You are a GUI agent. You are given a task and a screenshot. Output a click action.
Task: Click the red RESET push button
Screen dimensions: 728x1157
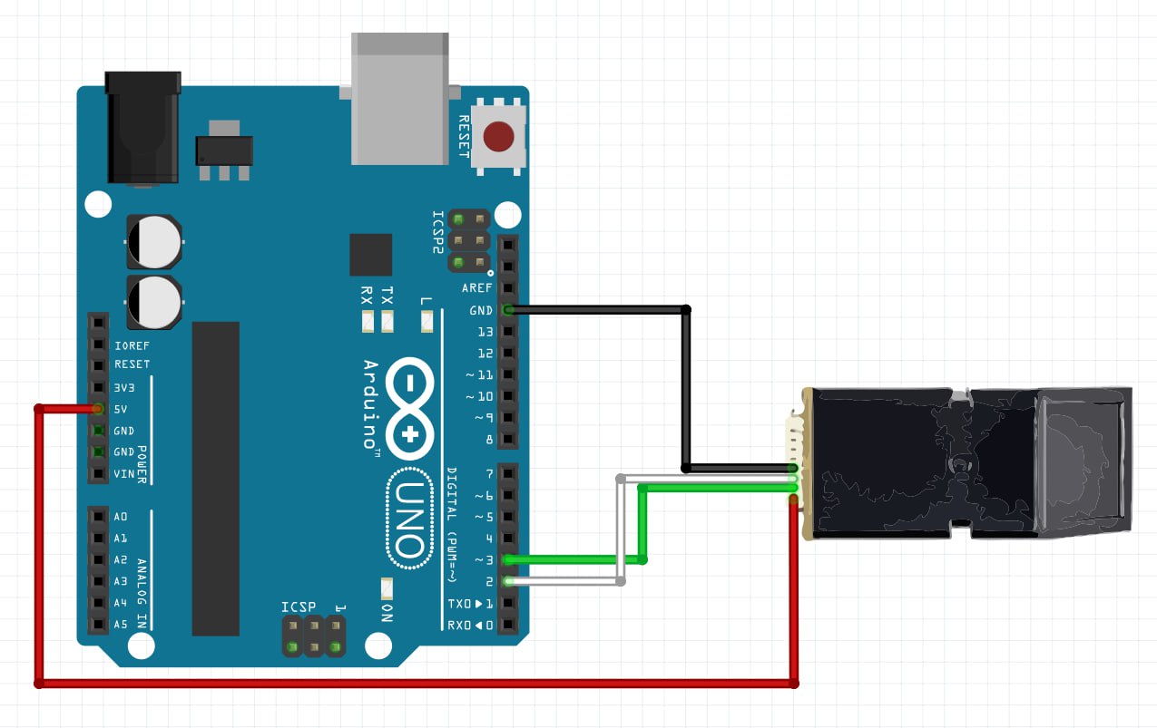498,137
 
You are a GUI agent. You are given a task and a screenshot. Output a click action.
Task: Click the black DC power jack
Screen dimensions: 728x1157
142,128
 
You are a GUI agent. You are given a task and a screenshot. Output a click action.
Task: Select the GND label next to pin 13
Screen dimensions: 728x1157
481,310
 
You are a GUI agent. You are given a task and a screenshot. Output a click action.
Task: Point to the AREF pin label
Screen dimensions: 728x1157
477,288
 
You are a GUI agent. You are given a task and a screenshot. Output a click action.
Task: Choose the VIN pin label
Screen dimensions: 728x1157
124,474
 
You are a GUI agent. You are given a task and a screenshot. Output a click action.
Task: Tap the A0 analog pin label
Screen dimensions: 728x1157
121,517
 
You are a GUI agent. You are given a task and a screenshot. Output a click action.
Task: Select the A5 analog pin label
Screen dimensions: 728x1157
121,625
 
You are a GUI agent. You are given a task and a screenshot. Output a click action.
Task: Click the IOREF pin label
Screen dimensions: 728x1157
132,345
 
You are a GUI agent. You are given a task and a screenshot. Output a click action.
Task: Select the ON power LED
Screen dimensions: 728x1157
387,587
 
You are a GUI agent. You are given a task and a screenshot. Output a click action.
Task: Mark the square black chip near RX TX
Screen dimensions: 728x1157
371,255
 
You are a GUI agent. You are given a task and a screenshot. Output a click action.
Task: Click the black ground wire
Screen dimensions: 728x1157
686,390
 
